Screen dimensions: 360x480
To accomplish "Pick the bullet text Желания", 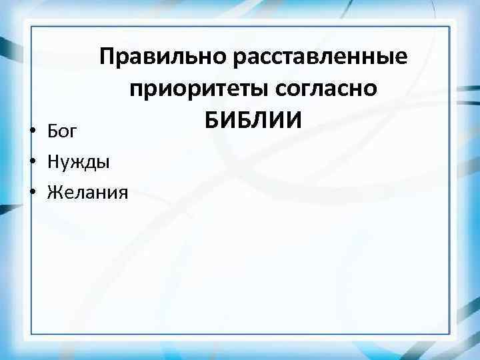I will (x=87, y=193).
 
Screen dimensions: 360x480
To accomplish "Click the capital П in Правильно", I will (x=108, y=58).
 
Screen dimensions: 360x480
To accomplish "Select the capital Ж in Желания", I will (x=53, y=193).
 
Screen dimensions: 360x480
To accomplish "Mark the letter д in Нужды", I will (x=90, y=163).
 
